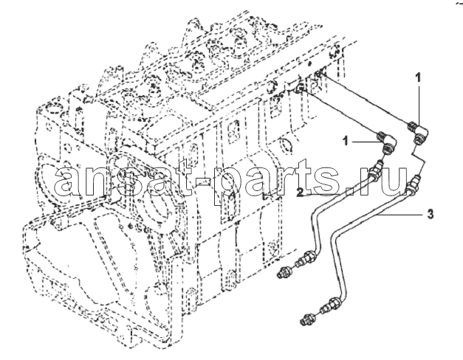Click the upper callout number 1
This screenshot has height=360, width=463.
pyautogui.click(x=418, y=69)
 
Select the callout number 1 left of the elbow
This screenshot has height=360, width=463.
pyautogui.click(x=346, y=141)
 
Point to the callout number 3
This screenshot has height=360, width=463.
pyautogui.click(x=431, y=214)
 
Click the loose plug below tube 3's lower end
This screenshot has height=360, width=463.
pyautogui.click(x=306, y=319)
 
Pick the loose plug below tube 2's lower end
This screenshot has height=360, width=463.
pyautogui.click(x=285, y=271)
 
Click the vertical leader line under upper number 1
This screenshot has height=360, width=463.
pyautogui.click(x=418, y=100)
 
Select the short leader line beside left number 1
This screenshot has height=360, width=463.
pyautogui.click(x=366, y=142)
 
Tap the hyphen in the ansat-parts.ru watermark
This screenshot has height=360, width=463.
pyautogui.click(x=204, y=180)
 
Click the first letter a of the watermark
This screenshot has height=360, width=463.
pyautogui.click(x=67, y=182)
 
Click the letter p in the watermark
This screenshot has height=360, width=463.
pyautogui.click(x=227, y=187)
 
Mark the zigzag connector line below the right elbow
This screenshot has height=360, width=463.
pyautogui.click(x=419, y=159)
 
